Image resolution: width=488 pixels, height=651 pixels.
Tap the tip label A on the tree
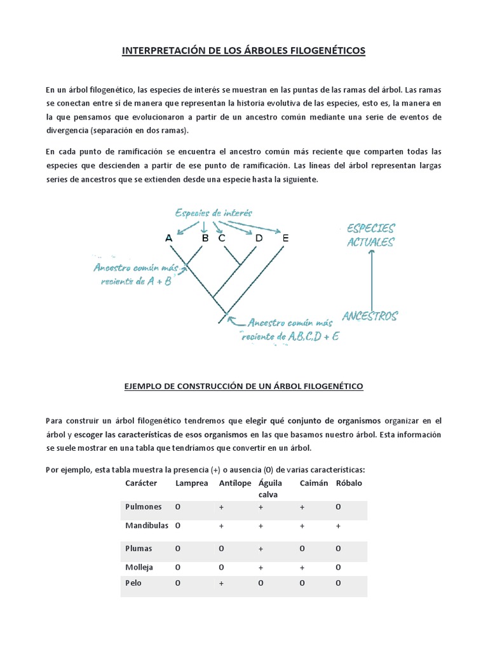[168, 238]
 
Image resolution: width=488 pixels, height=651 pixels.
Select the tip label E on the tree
[285, 238]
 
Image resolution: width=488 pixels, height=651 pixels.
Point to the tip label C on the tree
[222, 238]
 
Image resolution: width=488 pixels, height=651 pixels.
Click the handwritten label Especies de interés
[206, 213]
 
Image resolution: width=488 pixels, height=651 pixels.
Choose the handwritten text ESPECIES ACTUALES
[370, 235]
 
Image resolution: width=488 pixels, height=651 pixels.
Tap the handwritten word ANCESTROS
[370, 316]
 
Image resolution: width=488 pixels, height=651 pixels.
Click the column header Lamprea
[191, 484]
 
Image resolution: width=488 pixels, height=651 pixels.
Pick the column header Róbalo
[348, 484]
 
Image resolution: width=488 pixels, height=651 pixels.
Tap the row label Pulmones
[144, 507]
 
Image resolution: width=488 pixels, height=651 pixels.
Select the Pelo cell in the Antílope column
[221, 583]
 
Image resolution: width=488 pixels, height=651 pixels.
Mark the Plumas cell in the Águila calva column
[261, 548]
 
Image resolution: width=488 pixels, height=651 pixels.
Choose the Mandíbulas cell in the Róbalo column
[338, 526]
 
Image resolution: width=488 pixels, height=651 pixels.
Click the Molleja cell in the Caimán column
[302, 567]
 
